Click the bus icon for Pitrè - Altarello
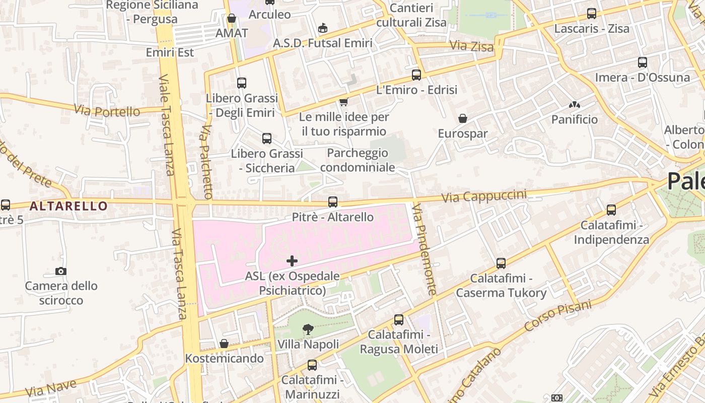(x=333, y=202)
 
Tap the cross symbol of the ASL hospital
(x=292, y=261)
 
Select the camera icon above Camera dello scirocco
(x=61, y=272)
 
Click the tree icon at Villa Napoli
(x=308, y=329)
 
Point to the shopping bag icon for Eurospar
(x=462, y=119)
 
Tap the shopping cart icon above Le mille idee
(x=344, y=102)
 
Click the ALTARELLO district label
(x=68, y=206)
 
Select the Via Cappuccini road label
(x=483, y=196)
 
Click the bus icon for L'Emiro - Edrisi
(x=416, y=75)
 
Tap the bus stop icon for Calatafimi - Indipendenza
(x=611, y=210)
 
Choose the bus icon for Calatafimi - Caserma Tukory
(x=501, y=263)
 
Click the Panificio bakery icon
(x=574, y=105)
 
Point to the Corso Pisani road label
(x=558, y=315)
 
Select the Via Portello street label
(x=107, y=110)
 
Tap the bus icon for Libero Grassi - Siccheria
(x=267, y=139)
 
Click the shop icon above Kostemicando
(x=224, y=344)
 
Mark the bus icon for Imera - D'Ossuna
(x=643, y=62)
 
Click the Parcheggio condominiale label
(x=357, y=160)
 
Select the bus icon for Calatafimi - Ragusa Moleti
(x=399, y=320)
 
